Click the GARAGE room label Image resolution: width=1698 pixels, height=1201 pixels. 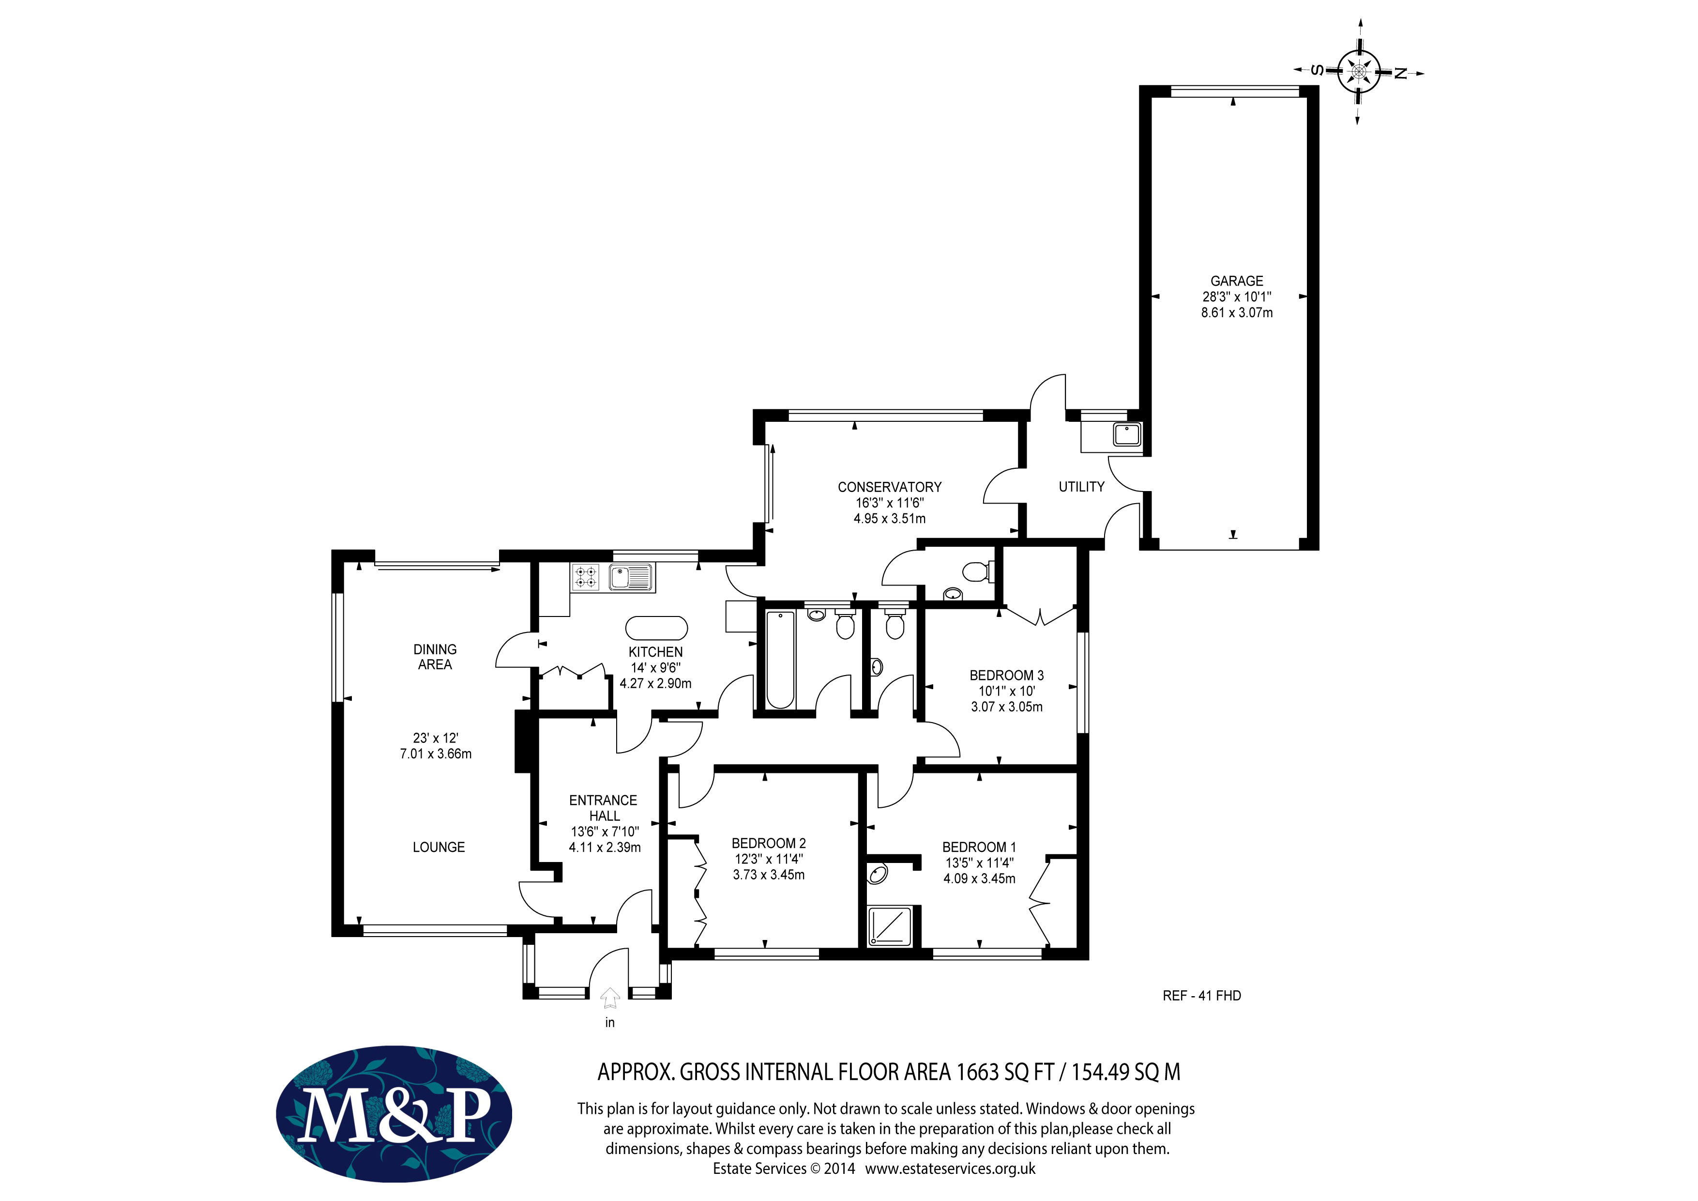(1237, 281)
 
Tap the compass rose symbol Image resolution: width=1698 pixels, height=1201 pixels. (1359, 72)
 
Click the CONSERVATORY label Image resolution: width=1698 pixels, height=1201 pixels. (890, 487)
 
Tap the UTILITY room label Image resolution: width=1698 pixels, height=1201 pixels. (1081, 487)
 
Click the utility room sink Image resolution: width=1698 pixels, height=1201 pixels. (1127, 434)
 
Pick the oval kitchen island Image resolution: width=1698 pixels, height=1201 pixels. (657, 628)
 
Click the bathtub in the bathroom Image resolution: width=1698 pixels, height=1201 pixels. (780, 659)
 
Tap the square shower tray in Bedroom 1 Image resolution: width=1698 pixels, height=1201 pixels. (892, 926)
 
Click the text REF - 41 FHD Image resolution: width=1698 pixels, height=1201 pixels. (1202, 996)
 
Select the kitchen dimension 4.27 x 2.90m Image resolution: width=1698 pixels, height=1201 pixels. (656, 684)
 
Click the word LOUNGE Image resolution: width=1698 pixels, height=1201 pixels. (439, 847)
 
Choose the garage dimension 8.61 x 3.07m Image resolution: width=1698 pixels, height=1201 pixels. (1237, 313)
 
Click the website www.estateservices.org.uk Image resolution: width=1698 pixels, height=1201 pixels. (950, 1169)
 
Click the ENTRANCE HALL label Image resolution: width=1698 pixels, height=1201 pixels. (604, 808)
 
